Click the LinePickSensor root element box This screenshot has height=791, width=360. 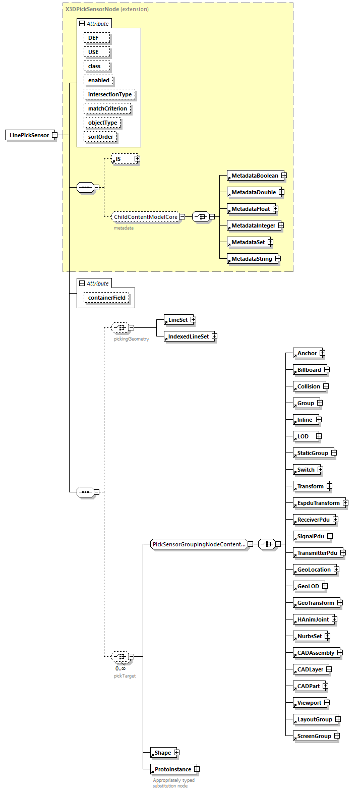point(30,135)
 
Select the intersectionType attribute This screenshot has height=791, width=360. point(109,94)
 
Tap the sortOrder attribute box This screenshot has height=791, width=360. point(100,137)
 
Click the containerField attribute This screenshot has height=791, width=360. point(106,298)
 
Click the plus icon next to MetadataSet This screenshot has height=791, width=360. point(270,242)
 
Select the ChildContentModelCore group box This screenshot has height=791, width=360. point(145,217)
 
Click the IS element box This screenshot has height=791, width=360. point(122,159)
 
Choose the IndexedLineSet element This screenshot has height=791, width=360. point(188,336)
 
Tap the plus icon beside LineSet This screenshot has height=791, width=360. point(193,320)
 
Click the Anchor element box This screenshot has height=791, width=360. point(307,354)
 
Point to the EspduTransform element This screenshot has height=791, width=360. point(318,503)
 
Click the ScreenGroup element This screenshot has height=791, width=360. point(314,736)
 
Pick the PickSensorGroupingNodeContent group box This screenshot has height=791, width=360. point(199,544)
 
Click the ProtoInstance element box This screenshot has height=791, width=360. point(172,769)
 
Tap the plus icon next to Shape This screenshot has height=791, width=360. point(176,753)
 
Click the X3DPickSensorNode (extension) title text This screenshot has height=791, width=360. point(107,9)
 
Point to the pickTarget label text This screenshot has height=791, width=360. point(125,675)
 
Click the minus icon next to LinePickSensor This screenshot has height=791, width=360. point(54,135)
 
